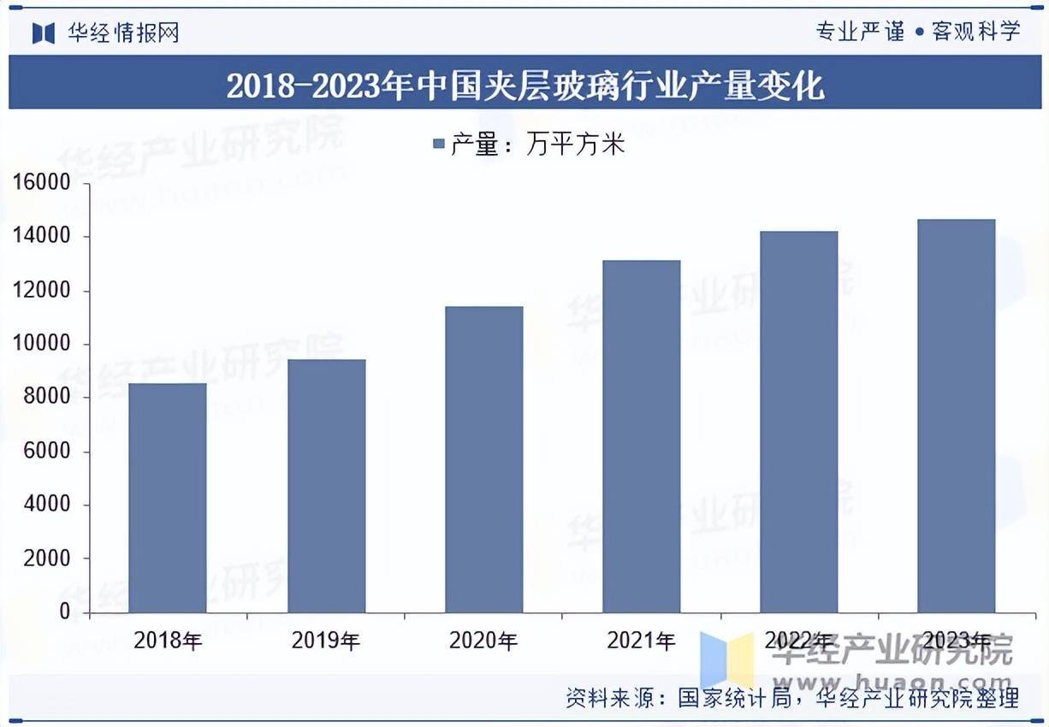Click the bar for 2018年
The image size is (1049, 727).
pos(168,498)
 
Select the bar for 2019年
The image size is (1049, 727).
pos(326,486)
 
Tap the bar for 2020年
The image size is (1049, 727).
pos(484,459)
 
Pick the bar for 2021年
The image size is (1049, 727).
pos(642,436)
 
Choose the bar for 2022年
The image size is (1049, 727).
pos(799,422)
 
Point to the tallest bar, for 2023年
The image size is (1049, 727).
pos(956,416)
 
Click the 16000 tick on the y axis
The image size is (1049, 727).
pos(40,183)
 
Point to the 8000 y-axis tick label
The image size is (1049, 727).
pos(46,398)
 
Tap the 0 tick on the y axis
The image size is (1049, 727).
pos(65,612)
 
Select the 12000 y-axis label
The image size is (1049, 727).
pos(40,291)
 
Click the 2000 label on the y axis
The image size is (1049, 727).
pos(46,559)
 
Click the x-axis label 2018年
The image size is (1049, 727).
pos(168,641)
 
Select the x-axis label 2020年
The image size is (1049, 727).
pos(483,641)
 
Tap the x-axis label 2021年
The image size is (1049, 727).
pos(641,641)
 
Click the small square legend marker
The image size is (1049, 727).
pos(439,145)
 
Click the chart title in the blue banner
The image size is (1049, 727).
pos(524,86)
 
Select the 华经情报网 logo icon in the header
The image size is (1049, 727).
pos(44,33)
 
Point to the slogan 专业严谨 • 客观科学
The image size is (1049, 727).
pos(918,32)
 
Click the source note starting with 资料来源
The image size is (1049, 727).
pos(792,699)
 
